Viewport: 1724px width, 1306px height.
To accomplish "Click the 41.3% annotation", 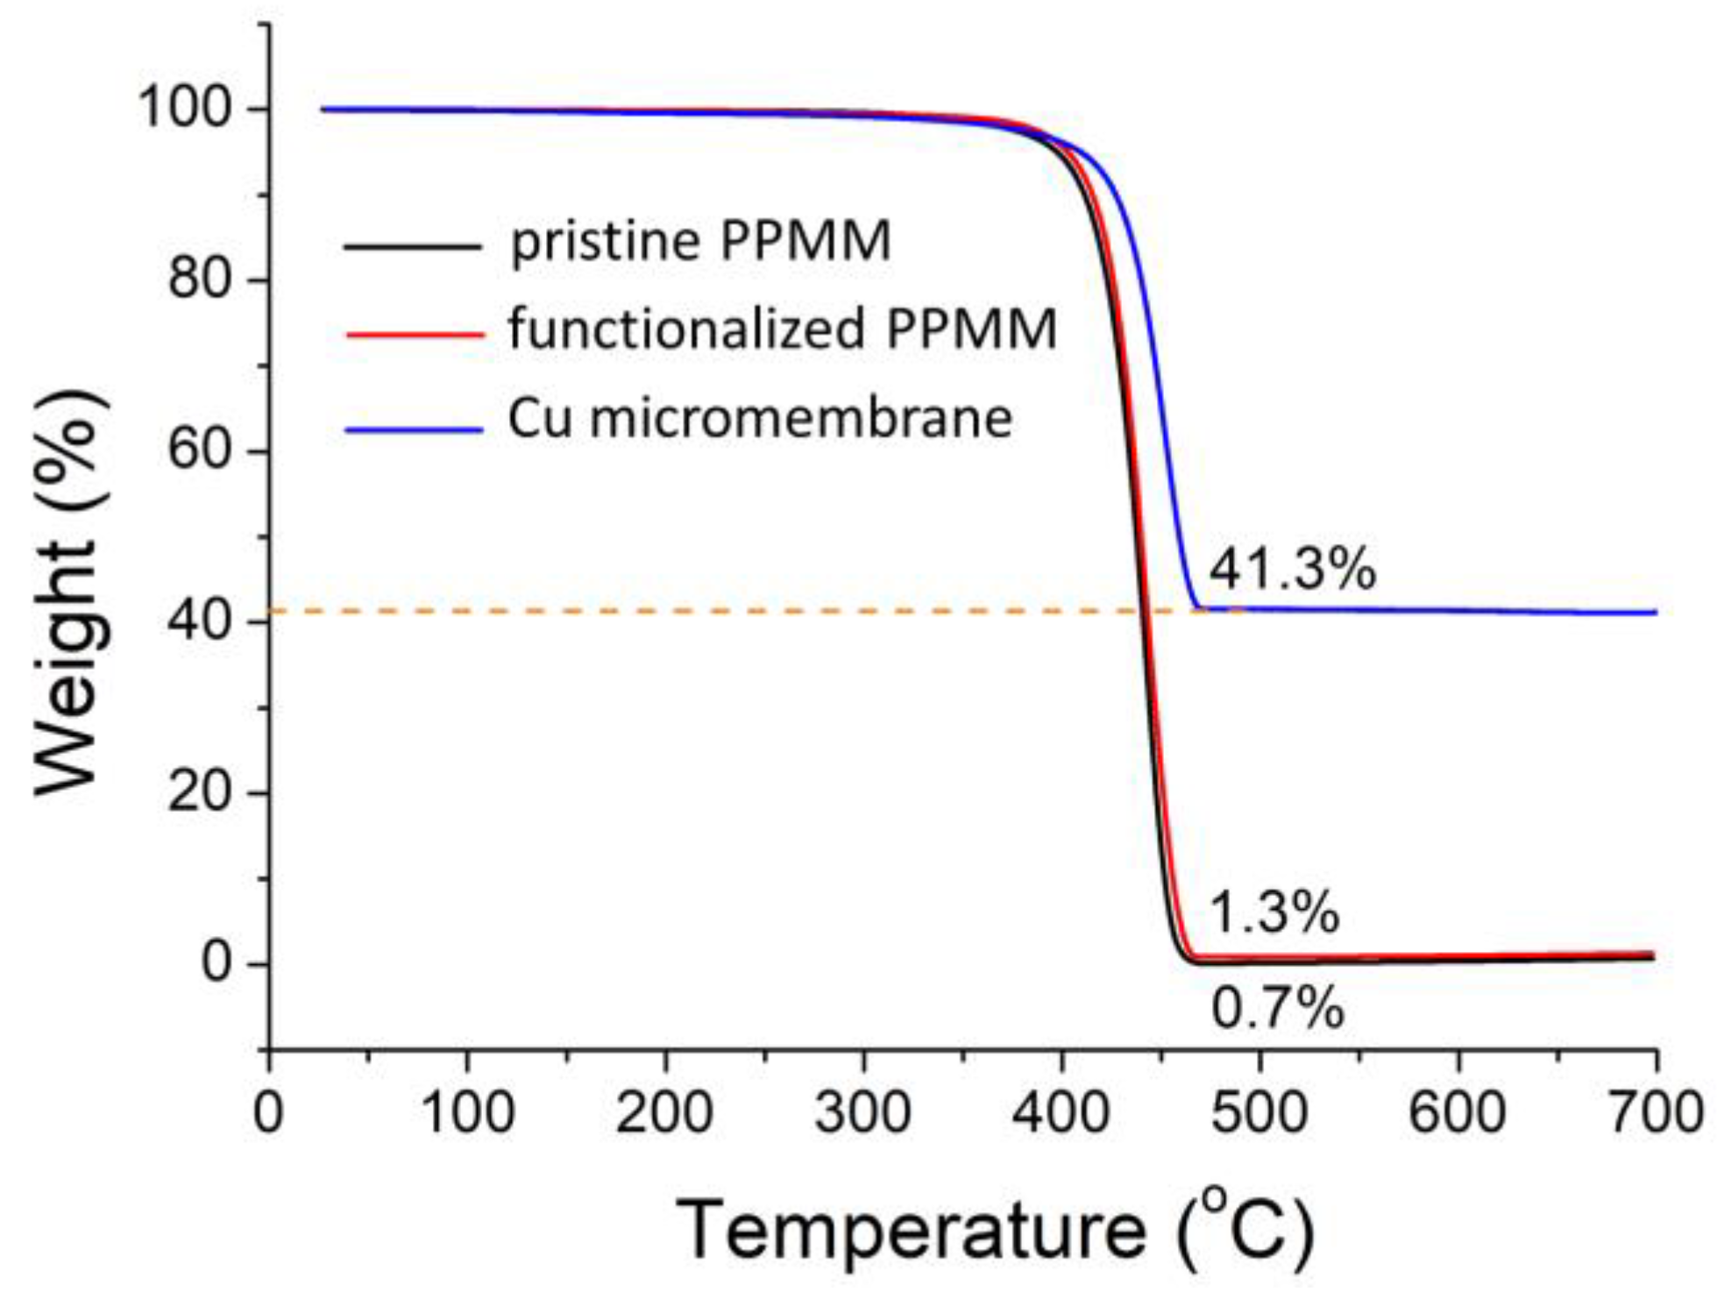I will (1292, 570).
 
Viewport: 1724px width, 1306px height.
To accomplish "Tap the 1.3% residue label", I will (1274, 912).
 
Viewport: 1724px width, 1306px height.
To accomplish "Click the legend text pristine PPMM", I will (700, 242).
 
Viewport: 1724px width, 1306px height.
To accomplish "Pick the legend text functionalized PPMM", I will (782, 330).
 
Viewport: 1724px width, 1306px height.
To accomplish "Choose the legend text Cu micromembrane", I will (760, 419).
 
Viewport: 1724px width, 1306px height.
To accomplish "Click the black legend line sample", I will (412, 246).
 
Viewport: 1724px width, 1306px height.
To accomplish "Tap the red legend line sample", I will (415, 334).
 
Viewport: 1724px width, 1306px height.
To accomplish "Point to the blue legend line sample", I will (414, 429).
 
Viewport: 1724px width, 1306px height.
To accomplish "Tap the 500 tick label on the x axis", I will (1259, 1113).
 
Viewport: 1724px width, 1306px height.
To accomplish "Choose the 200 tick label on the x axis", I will (664, 1113).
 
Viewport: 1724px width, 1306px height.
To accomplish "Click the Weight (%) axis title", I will (70, 592).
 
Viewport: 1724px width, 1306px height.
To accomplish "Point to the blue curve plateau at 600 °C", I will (1458, 610).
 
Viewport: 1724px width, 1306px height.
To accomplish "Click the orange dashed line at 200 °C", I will (664, 610).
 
